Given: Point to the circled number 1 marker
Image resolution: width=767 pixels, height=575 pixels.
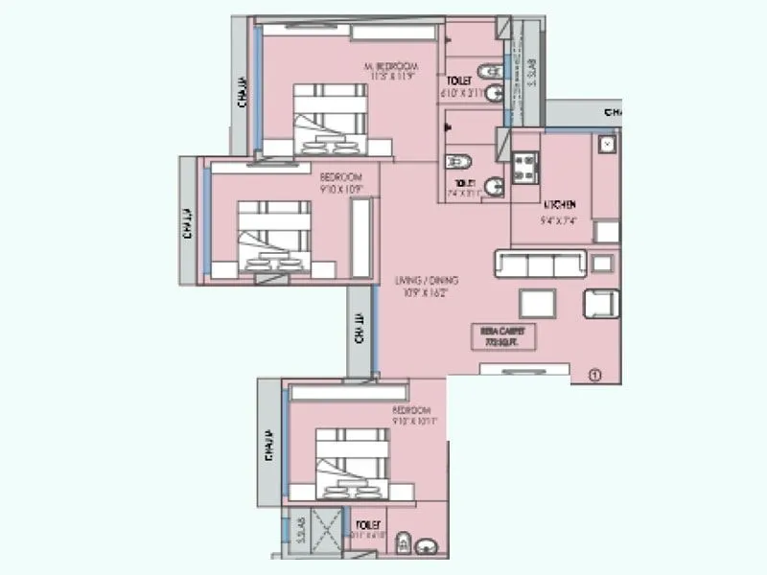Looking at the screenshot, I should coord(594,375).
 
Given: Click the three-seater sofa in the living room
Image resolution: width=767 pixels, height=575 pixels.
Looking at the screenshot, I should coord(539,263).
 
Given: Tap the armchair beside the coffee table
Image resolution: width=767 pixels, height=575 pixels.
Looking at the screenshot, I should coord(601,303).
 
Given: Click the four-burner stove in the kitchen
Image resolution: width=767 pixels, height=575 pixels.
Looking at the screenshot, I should coord(526,170).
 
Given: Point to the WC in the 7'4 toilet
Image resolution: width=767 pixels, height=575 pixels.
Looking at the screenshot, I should coord(458,159).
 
